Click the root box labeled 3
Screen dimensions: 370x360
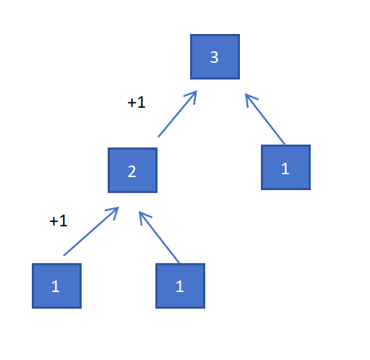pyautogui.click(x=215, y=56)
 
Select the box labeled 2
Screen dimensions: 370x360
pyautogui.click(x=132, y=170)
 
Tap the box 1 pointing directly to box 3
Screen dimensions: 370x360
pyautogui.click(x=285, y=167)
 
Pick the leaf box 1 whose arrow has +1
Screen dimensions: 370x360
pyautogui.click(x=56, y=286)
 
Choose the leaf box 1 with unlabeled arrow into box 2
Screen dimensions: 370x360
pyautogui.click(x=180, y=286)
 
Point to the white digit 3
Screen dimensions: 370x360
pyautogui.click(x=214, y=57)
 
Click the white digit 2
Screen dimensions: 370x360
pyautogui.click(x=132, y=171)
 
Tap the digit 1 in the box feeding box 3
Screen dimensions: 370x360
pyautogui.click(x=285, y=168)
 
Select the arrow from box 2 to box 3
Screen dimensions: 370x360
pyautogui.click(x=178, y=113)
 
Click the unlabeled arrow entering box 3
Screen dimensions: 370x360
pyautogui.click(x=265, y=119)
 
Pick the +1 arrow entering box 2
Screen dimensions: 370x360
pyautogui.click(x=91, y=231)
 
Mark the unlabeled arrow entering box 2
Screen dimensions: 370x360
pyautogui.click(x=159, y=237)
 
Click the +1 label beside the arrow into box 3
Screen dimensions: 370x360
pyautogui.click(x=137, y=102)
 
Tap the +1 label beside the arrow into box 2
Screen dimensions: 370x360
pyautogui.click(x=59, y=220)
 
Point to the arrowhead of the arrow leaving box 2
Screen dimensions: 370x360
pyautogui.click(x=192, y=96)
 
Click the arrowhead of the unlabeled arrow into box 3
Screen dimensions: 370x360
pyautogui.click(x=250, y=99)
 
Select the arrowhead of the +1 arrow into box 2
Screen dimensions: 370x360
pyautogui.click(x=113, y=212)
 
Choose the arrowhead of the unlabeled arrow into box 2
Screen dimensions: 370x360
pyautogui.click(x=144, y=217)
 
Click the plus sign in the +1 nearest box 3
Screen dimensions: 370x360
pyautogui.click(x=132, y=103)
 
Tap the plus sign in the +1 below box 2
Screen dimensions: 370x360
pyautogui.click(x=53, y=222)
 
